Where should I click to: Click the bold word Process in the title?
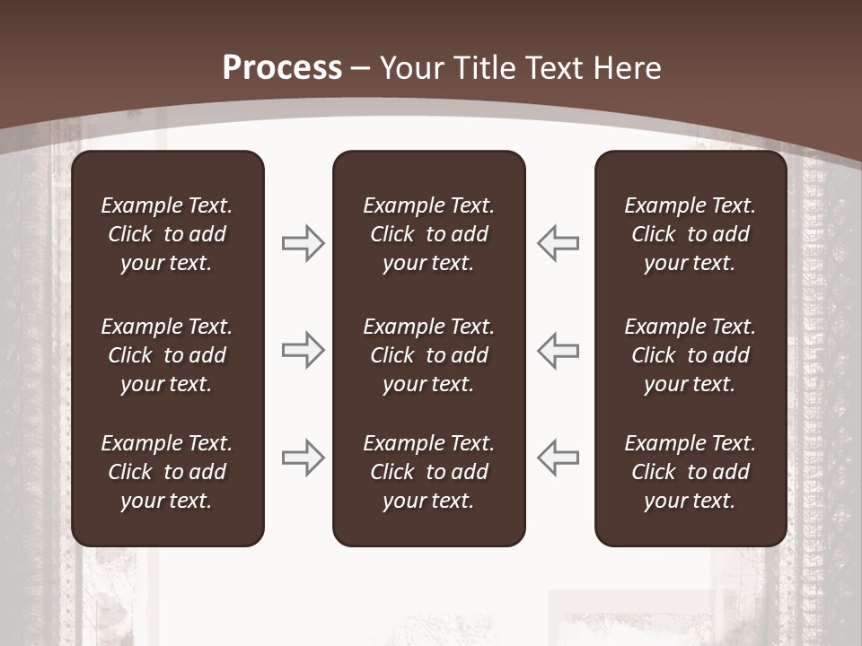point(282,67)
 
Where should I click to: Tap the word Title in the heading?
point(482,67)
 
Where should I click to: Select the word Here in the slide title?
point(628,67)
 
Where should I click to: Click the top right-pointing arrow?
point(303,243)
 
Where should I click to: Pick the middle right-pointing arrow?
point(303,350)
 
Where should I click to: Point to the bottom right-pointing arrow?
point(303,458)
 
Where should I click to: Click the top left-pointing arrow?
point(558,243)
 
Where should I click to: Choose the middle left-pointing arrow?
point(558,350)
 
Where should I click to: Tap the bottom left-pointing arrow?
point(558,458)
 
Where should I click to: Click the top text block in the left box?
point(167,234)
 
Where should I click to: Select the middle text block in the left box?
point(167,355)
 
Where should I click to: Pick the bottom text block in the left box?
point(167,472)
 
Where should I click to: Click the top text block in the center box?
point(428,234)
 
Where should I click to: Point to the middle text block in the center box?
point(428,355)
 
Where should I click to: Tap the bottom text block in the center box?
point(428,472)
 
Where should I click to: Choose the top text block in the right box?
point(690,234)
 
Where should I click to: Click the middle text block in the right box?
point(690,355)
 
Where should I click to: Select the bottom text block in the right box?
point(690,472)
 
